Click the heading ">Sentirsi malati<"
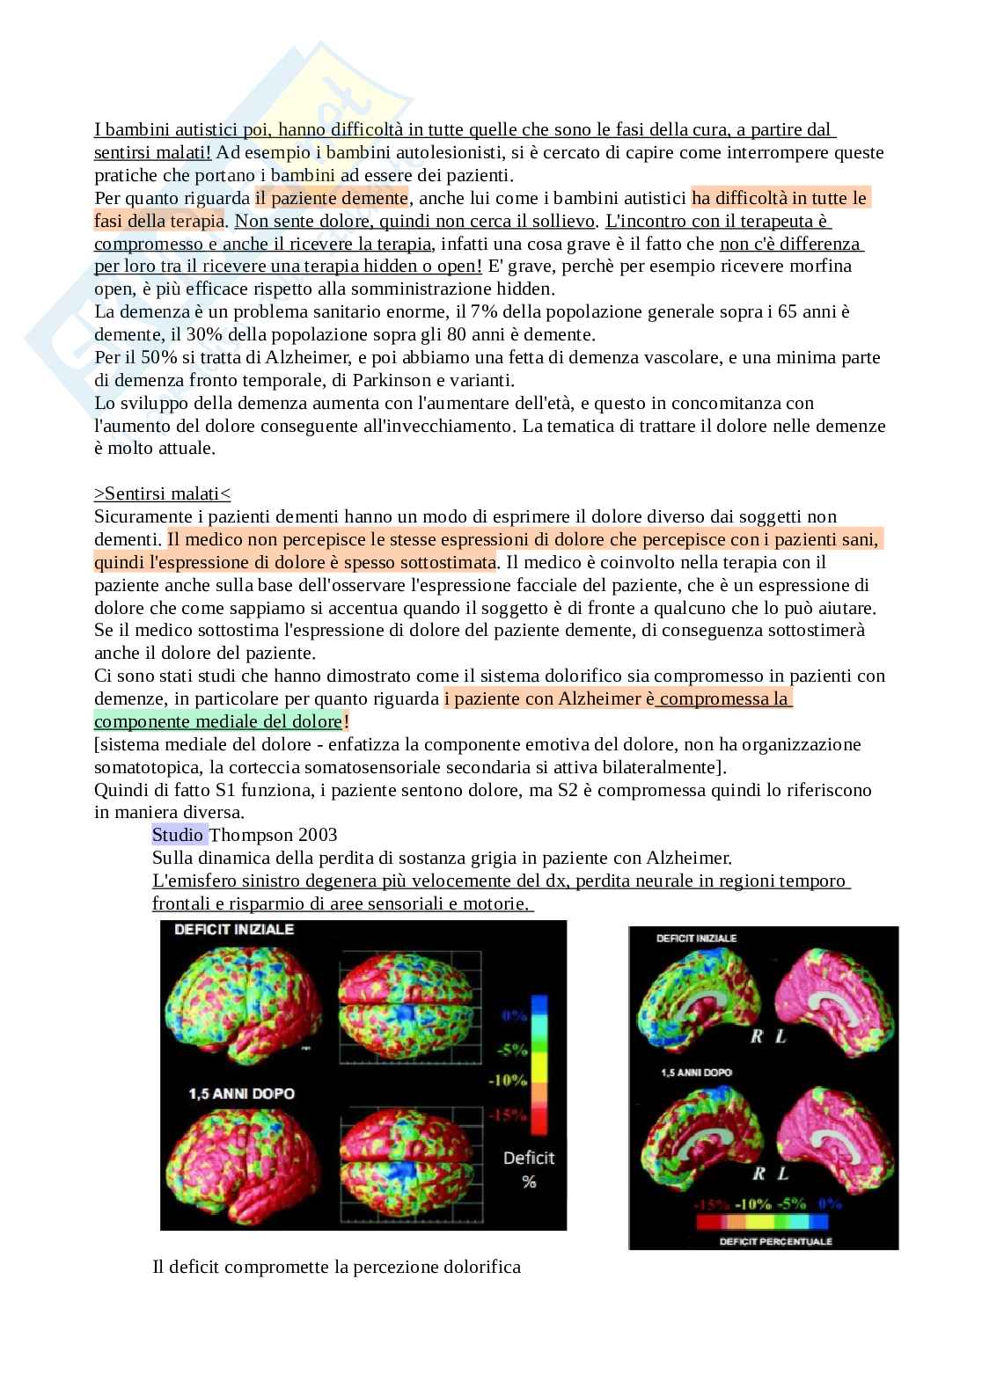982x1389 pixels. [x=163, y=493]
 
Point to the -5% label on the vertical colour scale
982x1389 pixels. [x=512, y=1049]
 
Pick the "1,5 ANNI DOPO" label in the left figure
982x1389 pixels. [x=241, y=1093]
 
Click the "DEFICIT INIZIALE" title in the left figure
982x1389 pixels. [x=234, y=929]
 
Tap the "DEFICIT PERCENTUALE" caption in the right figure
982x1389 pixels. [x=763, y=1241]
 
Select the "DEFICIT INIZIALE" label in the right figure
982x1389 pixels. [x=696, y=939]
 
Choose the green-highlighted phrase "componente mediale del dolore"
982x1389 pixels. [x=217, y=721]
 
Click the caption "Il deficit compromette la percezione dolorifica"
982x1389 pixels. [x=336, y=1267]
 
